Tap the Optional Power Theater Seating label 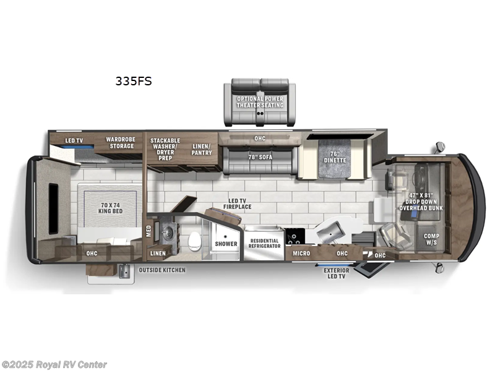click(x=260, y=101)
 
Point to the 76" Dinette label click(x=334, y=157)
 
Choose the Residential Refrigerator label click(x=264, y=243)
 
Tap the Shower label click(x=226, y=244)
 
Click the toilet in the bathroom click(x=194, y=241)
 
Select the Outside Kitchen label click(x=161, y=270)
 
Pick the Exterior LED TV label click(x=337, y=274)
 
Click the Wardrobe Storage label click(x=119, y=142)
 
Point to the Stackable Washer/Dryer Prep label click(x=165, y=148)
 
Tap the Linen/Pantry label click(x=201, y=149)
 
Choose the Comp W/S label click(x=431, y=239)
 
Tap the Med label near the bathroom click(x=148, y=231)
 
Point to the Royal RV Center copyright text click(x=54, y=365)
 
